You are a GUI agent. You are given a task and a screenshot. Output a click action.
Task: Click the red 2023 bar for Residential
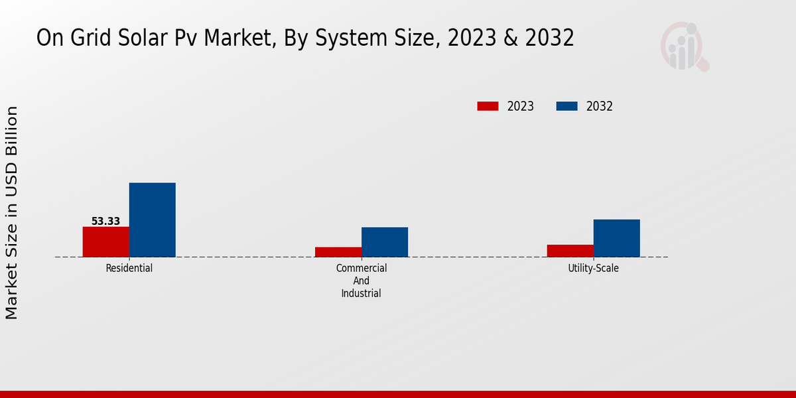[x=105, y=241]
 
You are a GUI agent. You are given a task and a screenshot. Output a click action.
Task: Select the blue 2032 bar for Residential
[x=152, y=220]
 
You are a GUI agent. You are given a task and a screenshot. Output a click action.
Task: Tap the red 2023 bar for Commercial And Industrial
[x=338, y=252]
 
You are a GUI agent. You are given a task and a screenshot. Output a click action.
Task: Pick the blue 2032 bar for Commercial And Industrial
[x=385, y=242]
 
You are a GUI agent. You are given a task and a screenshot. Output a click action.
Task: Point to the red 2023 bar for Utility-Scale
[x=570, y=251]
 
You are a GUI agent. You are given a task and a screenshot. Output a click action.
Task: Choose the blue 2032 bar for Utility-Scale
[x=616, y=238]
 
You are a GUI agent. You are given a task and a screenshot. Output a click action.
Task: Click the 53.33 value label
[x=105, y=222]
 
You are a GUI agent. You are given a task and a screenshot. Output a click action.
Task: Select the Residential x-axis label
[x=129, y=269]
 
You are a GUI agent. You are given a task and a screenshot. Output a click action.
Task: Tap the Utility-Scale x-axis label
[x=593, y=269]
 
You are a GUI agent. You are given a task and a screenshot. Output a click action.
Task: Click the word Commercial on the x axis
[x=362, y=269]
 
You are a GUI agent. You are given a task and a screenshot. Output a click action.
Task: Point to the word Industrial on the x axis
[x=362, y=293]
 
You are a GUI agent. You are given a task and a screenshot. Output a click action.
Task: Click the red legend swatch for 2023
[x=488, y=106]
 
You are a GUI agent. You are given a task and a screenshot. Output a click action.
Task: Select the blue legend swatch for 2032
[x=566, y=106]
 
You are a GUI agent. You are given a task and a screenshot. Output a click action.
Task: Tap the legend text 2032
[x=599, y=106]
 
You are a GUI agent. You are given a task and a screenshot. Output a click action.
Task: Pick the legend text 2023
[x=520, y=106]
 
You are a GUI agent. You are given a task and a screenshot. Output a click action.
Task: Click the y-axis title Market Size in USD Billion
[x=12, y=212]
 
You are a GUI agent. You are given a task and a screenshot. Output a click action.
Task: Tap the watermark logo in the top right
[x=684, y=46]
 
